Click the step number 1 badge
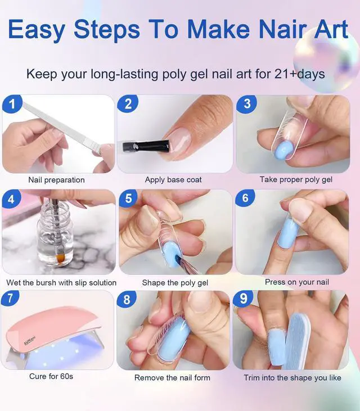(12, 104)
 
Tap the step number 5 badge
(128, 198)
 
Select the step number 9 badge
(244, 299)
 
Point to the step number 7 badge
(10, 299)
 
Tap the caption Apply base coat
(173, 179)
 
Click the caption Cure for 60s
(51, 376)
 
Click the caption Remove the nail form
(172, 377)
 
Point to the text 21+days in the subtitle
(300, 74)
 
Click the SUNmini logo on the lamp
(30, 340)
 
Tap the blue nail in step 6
(289, 233)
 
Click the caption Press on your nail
(297, 282)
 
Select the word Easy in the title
(37, 29)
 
